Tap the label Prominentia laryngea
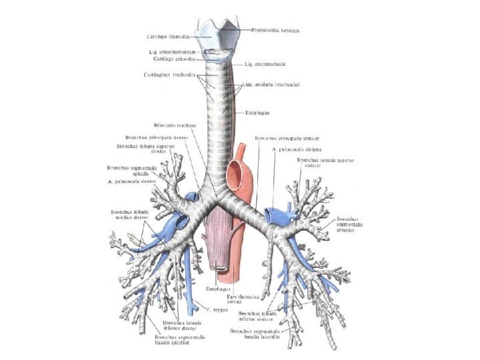275,30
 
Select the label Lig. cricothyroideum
172,51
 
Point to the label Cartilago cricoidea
173,59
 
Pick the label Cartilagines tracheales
169,75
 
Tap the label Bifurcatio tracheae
175,125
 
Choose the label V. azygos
211,309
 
